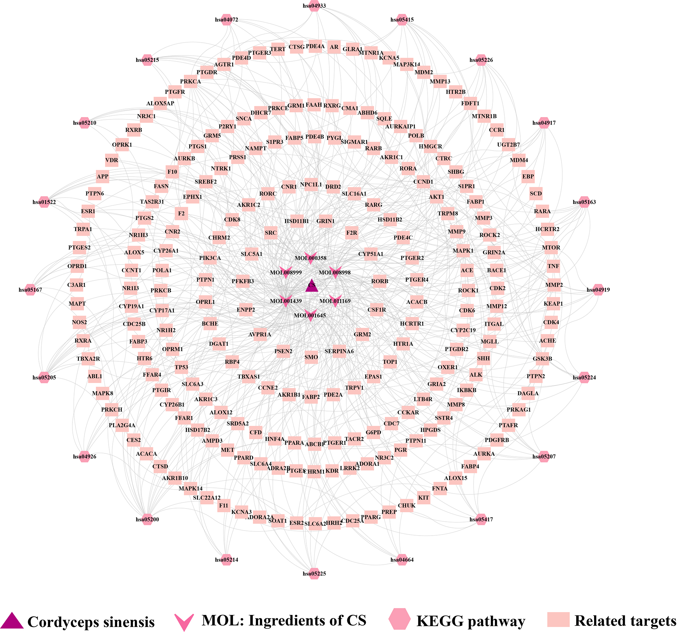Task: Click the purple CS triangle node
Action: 312,286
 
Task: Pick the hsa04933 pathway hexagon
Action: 314,6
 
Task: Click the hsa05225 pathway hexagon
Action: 314,573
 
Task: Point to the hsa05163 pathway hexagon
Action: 584,202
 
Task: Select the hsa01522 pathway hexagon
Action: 44,202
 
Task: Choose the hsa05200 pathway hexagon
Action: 148,519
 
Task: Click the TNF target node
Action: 553,266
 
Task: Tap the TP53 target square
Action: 181,367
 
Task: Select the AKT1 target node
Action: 436,197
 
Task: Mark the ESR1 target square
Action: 88,211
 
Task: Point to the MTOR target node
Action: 551,248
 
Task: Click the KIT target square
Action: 424,498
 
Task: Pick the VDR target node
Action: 112,160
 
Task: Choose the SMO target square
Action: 311,357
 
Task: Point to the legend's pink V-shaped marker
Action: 184,622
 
